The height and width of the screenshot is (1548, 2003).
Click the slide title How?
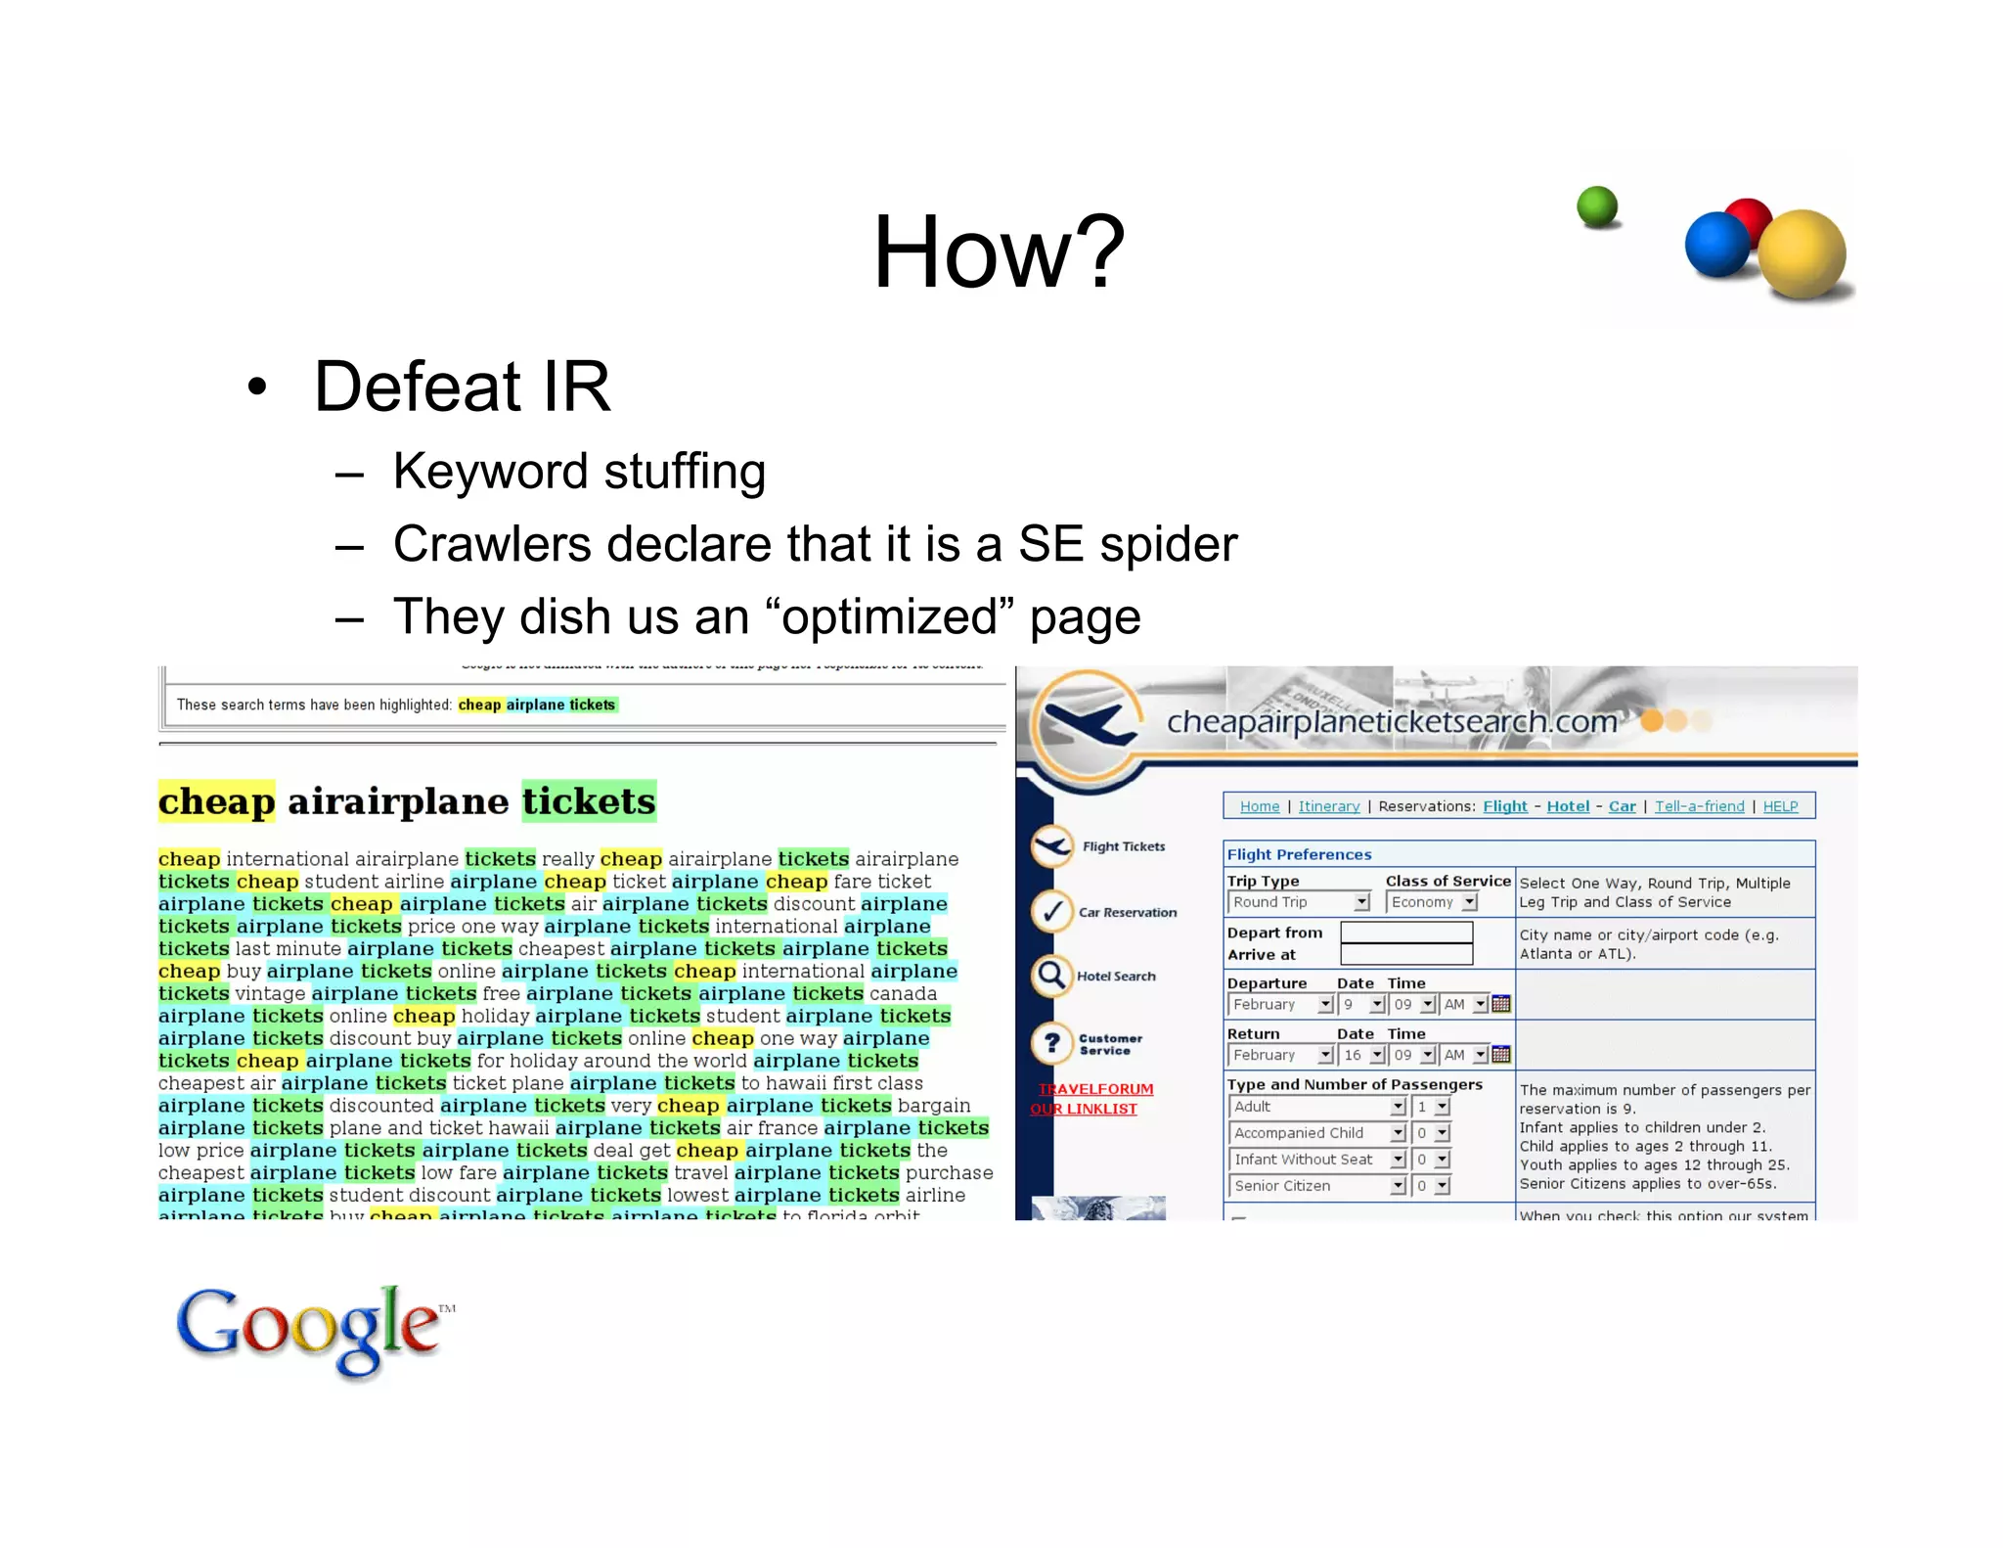click(999, 252)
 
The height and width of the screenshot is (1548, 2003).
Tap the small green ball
click(1597, 206)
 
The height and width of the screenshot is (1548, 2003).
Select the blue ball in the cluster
click(1716, 245)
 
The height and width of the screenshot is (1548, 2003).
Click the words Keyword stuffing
click(579, 472)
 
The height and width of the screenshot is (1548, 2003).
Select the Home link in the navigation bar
click(1259, 806)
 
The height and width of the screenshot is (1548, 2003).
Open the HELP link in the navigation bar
click(1780, 806)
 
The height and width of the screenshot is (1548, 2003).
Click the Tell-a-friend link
click(1699, 806)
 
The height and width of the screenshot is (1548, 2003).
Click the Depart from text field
click(1405, 933)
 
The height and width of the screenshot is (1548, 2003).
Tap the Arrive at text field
click(1405, 955)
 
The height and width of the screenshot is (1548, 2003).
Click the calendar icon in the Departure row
click(1501, 1004)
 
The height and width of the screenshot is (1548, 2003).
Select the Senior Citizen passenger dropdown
click(1316, 1186)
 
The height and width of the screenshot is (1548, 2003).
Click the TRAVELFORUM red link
click(1095, 1089)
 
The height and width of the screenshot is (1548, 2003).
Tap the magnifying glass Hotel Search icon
click(1051, 976)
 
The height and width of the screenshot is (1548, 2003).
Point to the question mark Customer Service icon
click(1051, 1043)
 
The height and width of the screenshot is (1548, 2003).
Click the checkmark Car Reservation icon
click(1051, 912)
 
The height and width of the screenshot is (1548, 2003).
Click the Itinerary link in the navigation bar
click(1328, 806)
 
